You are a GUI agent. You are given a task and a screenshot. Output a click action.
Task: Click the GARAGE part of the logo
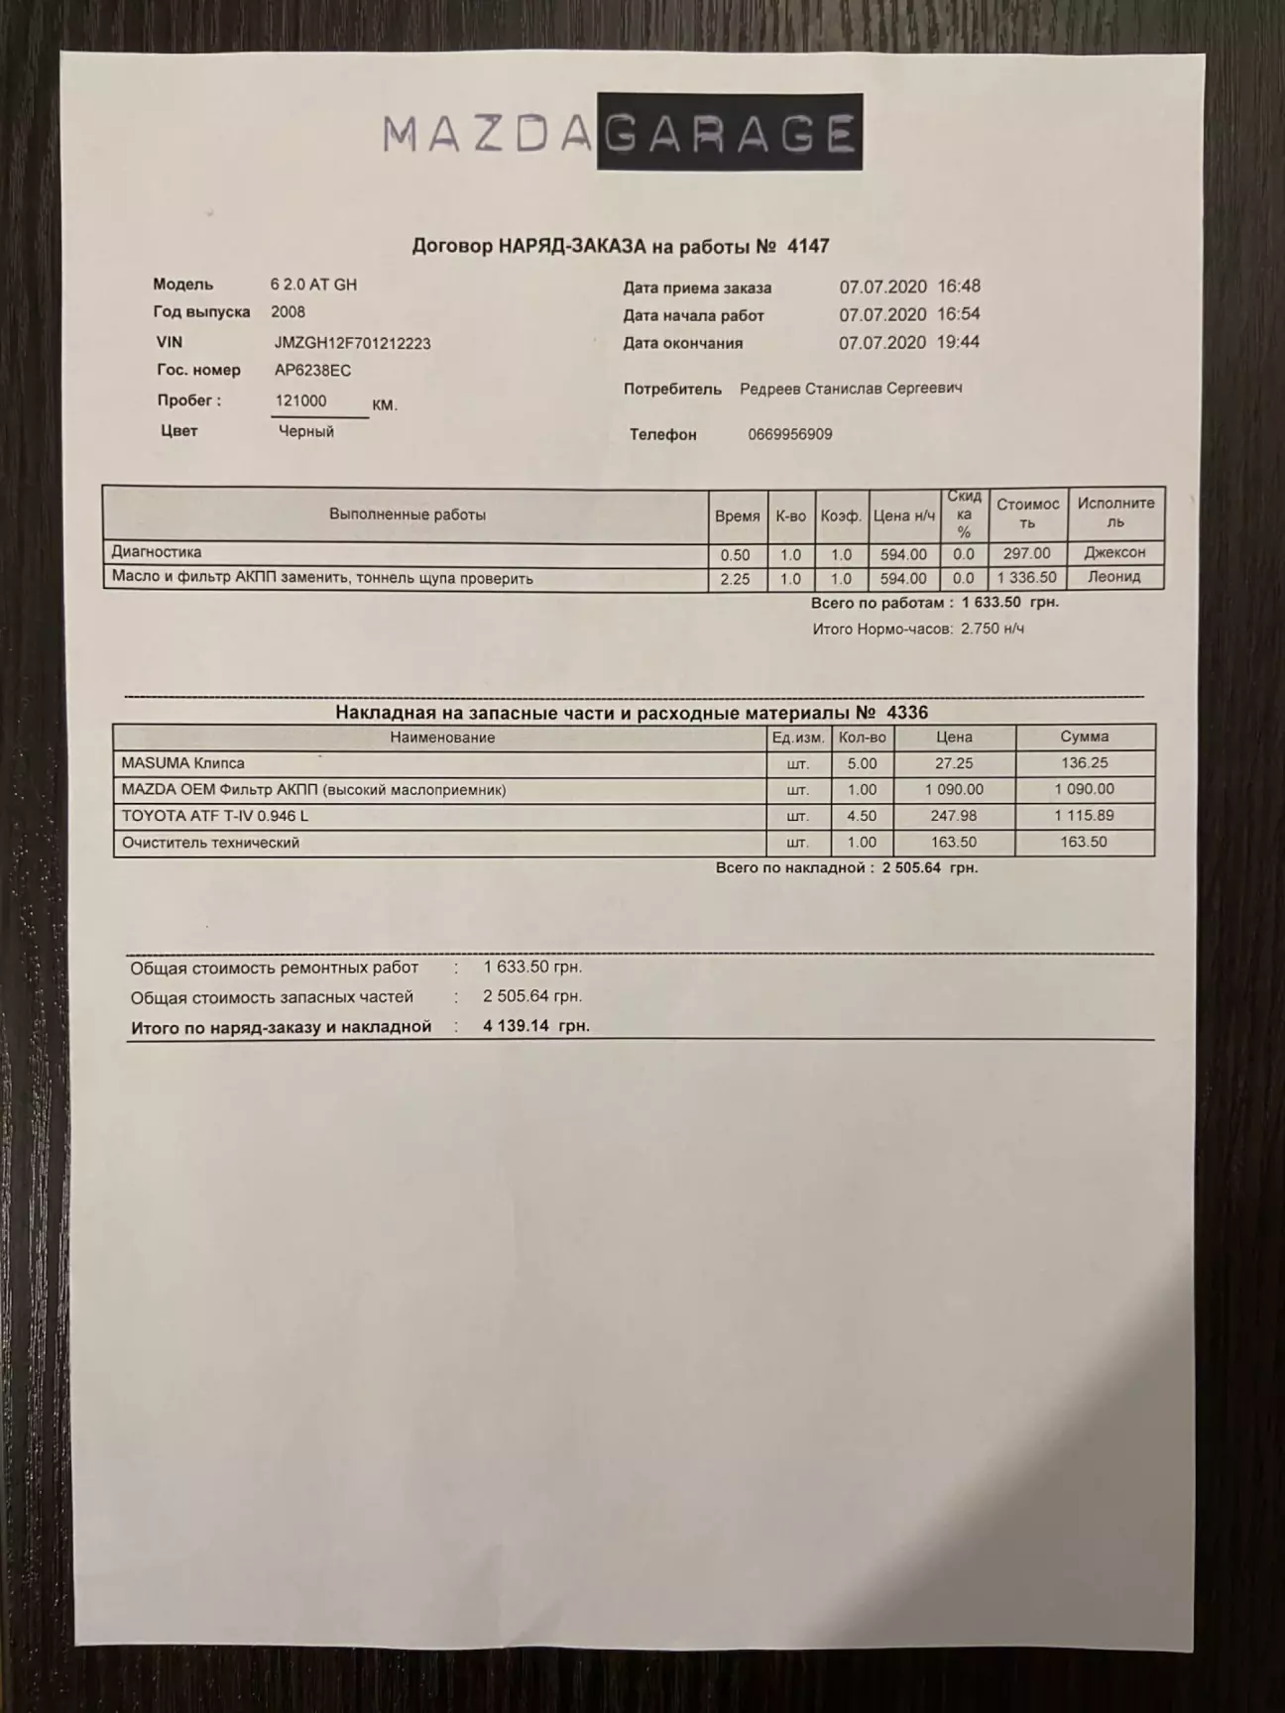pyautogui.click(x=729, y=133)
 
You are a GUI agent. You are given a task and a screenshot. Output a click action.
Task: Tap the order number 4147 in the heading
pyautogui.click(x=807, y=247)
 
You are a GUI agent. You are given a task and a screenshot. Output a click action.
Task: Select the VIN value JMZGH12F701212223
pyautogui.click(x=352, y=343)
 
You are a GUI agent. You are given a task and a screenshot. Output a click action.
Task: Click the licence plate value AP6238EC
pyautogui.click(x=312, y=371)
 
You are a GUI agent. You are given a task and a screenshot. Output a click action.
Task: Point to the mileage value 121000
pyautogui.click(x=300, y=400)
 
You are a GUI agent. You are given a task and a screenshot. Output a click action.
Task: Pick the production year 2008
pyautogui.click(x=288, y=311)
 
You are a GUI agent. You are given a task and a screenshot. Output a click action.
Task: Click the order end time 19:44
pyautogui.click(x=958, y=342)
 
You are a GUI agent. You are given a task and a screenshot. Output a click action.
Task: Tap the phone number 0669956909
pyautogui.click(x=789, y=434)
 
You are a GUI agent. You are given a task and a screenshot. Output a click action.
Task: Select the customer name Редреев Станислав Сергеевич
pyautogui.click(x=850, y=389)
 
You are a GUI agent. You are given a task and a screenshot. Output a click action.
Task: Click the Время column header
pyautogui.click(x=737, y=515)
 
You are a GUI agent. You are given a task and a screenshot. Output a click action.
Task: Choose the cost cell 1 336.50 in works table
pyautogui.click(x=1026, y=578)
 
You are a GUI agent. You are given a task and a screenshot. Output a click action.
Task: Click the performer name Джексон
pyautogui.click(x=1113, y=552)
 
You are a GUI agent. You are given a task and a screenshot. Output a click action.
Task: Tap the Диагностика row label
pyautogui.click(x=157, y=552)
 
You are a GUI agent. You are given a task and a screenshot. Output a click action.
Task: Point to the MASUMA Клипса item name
pyautogui.click(x=182, y=763)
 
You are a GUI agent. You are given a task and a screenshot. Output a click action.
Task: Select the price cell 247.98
pyautogui.click(x=953, y=816)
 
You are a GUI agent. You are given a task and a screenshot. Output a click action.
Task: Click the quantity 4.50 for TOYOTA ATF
pyautogui.click(x=862, y=816)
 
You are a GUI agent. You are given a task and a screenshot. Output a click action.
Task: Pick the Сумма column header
pyautogui.click(x=1084, y=738)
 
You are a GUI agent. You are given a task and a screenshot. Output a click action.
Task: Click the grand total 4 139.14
pyautogui.click(x=516, y=1026)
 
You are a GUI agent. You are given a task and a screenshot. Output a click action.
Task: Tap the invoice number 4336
pyautogui.click(x=906, y=713)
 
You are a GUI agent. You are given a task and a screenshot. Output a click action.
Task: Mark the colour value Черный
pyautogui.click(x=305, y=431)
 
